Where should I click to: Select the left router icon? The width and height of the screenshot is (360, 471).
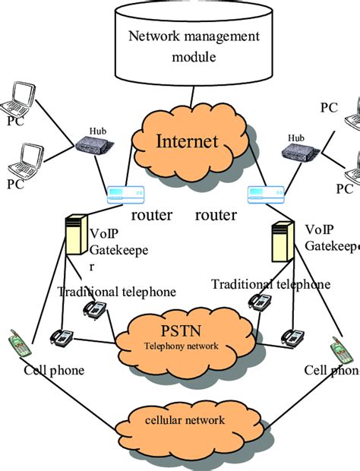click(x=125, y=195)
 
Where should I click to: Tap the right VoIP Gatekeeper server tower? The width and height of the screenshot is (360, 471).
click(x=283, y=245)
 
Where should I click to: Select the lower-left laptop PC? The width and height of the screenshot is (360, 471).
click(x=23, y=160)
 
